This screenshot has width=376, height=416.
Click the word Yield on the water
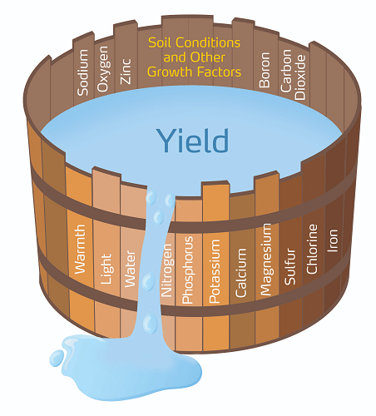[194, 140]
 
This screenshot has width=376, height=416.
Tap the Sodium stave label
[82, 73]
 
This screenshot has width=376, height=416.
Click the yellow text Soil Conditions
[194, 42]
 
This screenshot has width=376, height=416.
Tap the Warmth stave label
[81, 248]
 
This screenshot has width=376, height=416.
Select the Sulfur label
[289, 265]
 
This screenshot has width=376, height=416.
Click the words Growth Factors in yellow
[194, 72]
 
